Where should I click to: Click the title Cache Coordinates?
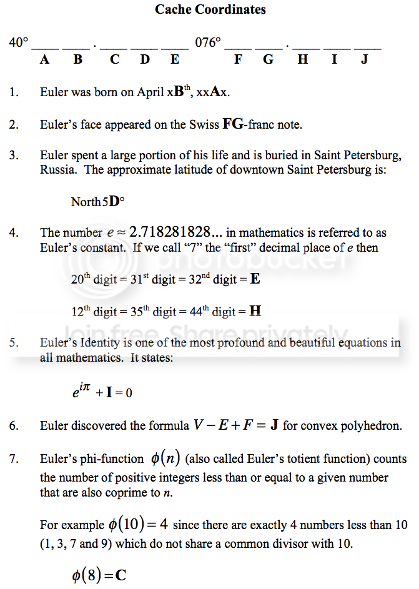210,9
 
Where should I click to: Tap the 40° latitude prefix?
19,43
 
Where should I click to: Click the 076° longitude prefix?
208,43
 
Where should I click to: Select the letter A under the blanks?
45,60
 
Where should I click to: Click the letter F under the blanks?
238,60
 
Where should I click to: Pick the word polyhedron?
375,427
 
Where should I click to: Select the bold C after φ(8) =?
121,574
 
